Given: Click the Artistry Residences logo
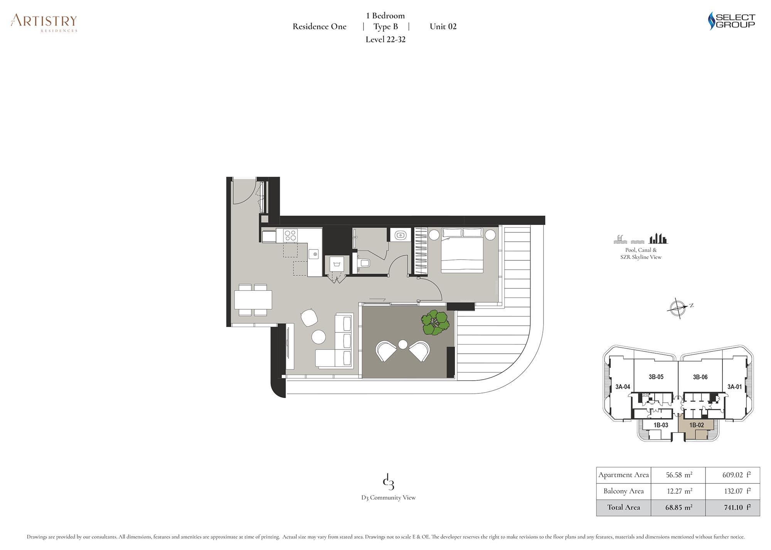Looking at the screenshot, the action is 44,23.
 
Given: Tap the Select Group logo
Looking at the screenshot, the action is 732,21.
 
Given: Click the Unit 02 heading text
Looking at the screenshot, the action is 443,27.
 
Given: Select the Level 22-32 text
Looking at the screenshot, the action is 385,39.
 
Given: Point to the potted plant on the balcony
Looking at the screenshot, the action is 435,322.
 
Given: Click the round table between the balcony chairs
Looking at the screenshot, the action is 403,344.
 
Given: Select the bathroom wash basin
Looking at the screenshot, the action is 401,235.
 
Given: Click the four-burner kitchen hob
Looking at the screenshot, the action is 290,235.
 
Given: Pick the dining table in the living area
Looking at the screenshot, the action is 253,300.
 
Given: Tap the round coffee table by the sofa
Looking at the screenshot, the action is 318,337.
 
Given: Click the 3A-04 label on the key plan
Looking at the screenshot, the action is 623,386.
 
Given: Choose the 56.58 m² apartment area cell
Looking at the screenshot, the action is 678,475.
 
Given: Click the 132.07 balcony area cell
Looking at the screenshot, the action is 733,491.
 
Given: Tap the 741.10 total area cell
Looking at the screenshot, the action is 733,508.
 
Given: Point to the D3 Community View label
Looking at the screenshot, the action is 389,498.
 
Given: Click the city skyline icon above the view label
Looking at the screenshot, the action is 658,239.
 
